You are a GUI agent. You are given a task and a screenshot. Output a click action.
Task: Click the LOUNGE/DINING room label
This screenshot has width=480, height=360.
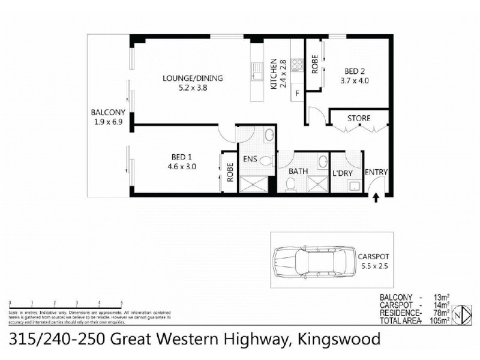tap(193, 78)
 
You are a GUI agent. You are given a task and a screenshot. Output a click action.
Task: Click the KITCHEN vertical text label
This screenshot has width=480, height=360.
tap(272, 74)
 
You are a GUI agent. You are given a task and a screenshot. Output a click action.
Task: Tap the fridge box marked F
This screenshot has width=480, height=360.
tap(297, 94)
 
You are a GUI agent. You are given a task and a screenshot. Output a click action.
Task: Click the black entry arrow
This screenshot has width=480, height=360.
tap(376, 199)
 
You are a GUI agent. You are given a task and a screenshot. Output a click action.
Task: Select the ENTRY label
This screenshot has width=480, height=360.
tap(376, 173)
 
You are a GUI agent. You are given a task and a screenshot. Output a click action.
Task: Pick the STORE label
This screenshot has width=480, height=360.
tap(359, 118)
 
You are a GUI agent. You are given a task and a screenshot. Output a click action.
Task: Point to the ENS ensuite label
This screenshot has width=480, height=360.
tap(250, 160)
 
